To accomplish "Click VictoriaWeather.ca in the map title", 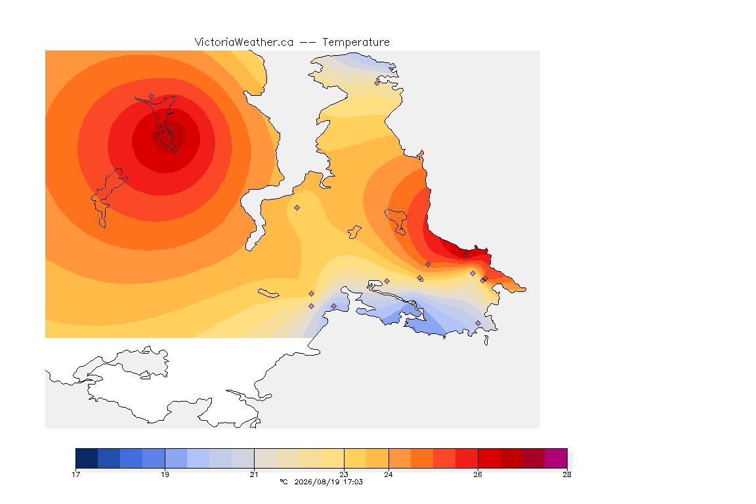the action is click(x=244, y=43).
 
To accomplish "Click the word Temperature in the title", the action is click(x=356, y=43).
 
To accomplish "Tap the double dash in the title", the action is click(x=308, y=43).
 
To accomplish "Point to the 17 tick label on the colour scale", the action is click(x=75, y=474).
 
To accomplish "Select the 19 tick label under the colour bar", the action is click(x=165, y=474).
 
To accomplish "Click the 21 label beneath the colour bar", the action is click(x=254, y=474).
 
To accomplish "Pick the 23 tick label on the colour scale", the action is click(x=344, y=474).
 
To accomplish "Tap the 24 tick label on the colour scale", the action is click(x=388, y=474).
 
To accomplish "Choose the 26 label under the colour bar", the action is click(x=478, y=474).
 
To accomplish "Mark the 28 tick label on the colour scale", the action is click(x=567, y=474).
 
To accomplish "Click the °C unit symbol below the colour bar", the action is click(x=283, y=482).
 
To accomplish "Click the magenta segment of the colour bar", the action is click(x=556, y=458).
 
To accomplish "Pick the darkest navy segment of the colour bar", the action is click(x=87, y=458).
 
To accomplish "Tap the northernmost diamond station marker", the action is click(x=377, y=83).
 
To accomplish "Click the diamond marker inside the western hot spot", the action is click(x=152, y=96).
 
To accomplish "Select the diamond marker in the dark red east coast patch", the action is click(x=466, y=256).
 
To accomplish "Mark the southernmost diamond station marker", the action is click(x=478, y=323).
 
